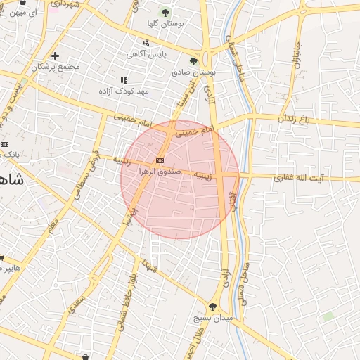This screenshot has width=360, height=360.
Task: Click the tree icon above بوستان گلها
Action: coord(166,13)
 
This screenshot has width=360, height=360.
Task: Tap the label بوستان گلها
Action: coord(165,24)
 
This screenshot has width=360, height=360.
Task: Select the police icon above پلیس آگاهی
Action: coord(146,44)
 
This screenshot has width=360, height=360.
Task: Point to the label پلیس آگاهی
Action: coord(146,54)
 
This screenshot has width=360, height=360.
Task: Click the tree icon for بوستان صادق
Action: coord(193,61)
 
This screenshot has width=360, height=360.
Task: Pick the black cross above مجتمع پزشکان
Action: coord(56,56)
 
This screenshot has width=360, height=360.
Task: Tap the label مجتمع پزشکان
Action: coord(56,67)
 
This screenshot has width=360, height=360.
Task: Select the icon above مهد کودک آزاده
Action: coord(124,81)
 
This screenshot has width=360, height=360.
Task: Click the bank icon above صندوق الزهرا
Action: coord(161,161)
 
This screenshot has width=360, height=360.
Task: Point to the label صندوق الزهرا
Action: coord(161,172)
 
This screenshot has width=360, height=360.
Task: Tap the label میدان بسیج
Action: coord(213,318)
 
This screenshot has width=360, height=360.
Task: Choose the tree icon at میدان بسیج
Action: coord(213,307)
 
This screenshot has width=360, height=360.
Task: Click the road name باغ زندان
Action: coord(292,119)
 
